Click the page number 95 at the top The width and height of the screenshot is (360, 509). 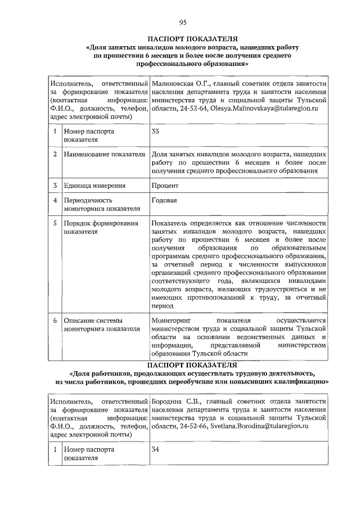tap(183, 22)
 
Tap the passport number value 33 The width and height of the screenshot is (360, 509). tap(156, 132)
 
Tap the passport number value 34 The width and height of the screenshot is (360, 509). tap(156, 450)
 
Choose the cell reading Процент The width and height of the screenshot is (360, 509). tap(165, 185)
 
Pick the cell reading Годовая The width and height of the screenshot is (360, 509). tap(164, 200)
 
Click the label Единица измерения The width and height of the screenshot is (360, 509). tap(94, 185)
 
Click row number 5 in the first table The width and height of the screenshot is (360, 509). tap(55, 223)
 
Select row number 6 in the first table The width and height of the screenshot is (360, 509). tap(55, 321)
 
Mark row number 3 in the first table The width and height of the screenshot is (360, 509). tap(55, 185)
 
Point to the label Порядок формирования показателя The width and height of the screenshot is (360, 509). tap(101, 227)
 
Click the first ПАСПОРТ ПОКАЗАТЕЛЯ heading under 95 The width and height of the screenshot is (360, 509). tap(183, 39)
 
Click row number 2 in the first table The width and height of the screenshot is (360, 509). tap(55, 154)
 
